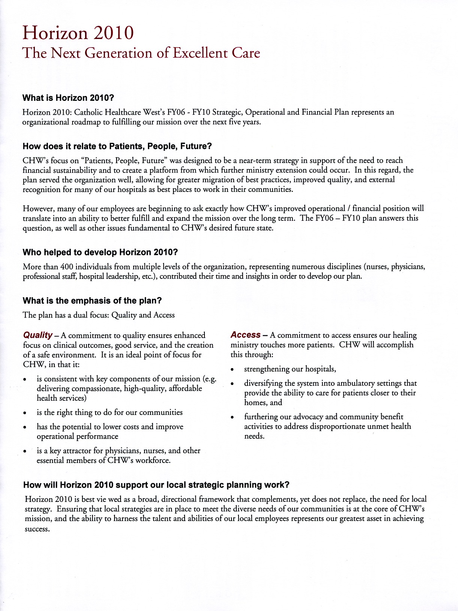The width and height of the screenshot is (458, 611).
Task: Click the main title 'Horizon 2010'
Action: point(78,33)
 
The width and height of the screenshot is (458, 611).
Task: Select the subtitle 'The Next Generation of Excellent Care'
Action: point(141,53)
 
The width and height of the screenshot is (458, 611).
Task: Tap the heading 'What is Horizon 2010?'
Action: point(68,98)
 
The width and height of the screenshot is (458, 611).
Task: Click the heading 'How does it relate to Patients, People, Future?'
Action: point(117,146)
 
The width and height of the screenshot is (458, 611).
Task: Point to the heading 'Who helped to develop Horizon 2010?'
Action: point(100,252)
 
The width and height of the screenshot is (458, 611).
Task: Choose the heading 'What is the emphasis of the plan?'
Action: point(92,301)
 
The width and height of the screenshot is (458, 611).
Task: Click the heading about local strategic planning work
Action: point(156,485)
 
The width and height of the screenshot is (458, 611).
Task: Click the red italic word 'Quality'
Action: point(37,335)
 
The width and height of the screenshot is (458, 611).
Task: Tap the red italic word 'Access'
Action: point(245,335)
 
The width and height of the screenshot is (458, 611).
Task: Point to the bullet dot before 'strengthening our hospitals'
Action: point(233,370)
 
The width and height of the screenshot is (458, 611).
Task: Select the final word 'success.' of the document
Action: point(37,529)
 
